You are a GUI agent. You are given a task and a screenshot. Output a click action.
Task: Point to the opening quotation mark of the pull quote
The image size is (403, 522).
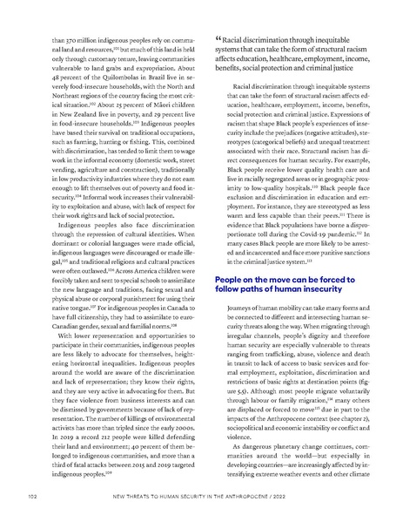pyautogui.click(x=211, y=40)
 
